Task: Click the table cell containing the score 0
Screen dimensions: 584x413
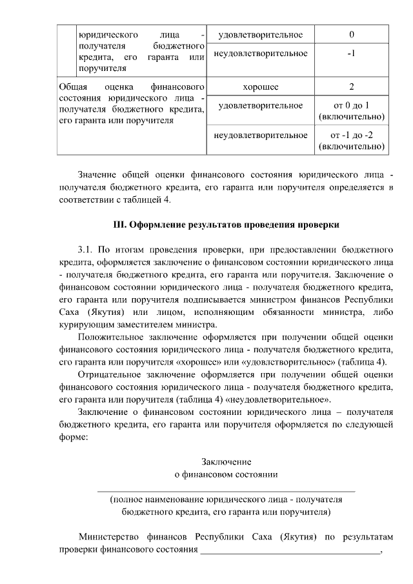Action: point(351,34)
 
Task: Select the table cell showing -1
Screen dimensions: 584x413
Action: point(351,53)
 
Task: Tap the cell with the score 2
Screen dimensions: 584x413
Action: point(351,86)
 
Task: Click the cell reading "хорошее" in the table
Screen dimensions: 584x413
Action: point(261,86)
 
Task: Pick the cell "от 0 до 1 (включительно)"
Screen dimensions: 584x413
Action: point(351,111)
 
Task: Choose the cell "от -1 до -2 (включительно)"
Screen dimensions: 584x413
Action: point(351,141)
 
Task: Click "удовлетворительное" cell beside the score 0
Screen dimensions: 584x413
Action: point(261,34)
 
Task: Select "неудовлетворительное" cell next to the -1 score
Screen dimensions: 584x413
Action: point(261,53)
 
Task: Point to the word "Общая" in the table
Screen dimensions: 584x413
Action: point(72,86)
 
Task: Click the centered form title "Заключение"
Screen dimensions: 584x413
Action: point(226,462)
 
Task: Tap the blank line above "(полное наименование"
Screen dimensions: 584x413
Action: point(226,492)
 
